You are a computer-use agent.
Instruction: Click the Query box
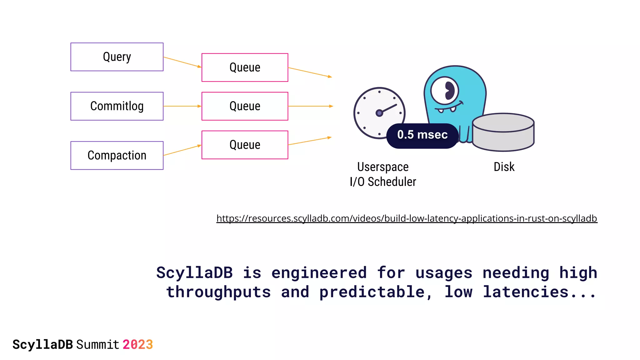click(x=117, y=57)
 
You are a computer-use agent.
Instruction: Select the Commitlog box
click(x=117, y=106)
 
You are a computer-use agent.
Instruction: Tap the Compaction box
click(x=117, y=156)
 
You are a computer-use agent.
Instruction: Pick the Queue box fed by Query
click(x=245, y=67)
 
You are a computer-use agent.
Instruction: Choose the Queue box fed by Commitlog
click(x=245, y=106)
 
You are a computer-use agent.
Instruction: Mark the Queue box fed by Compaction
click(x=245, y=145)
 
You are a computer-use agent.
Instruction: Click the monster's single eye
click(x=445, y=91)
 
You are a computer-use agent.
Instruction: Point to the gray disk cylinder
click(x=503, y=132)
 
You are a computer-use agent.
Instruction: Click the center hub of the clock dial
click(x=379, y=113)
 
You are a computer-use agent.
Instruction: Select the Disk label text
click(x=504, y=167)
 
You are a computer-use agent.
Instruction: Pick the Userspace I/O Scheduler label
click(x=383, y=174)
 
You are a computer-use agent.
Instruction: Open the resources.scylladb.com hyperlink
click(x=407, y=218)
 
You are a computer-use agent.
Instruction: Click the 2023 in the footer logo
click(x=137, y=345)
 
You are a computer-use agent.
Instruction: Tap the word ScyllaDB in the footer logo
click(x=43, y=345)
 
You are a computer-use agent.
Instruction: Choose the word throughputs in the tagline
click(x=218, y=292)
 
